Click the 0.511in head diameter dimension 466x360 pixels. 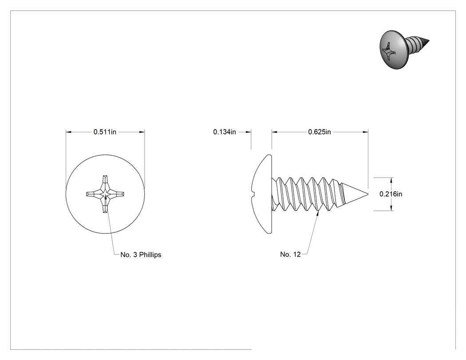[x=105, y=132]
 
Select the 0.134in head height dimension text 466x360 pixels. [x=225, y=132]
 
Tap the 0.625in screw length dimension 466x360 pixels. [x=320, y=132]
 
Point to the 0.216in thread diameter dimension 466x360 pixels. [x=391, y=194]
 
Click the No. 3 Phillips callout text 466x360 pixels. [x=141, y=255]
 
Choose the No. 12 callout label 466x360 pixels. [x=290, y=254]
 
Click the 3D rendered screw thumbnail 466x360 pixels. [x=404, y=49]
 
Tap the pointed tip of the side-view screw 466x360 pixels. [x=368, y=194]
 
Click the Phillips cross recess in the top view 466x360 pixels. [x=105, y=194]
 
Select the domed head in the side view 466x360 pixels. [x=261, y=194]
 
